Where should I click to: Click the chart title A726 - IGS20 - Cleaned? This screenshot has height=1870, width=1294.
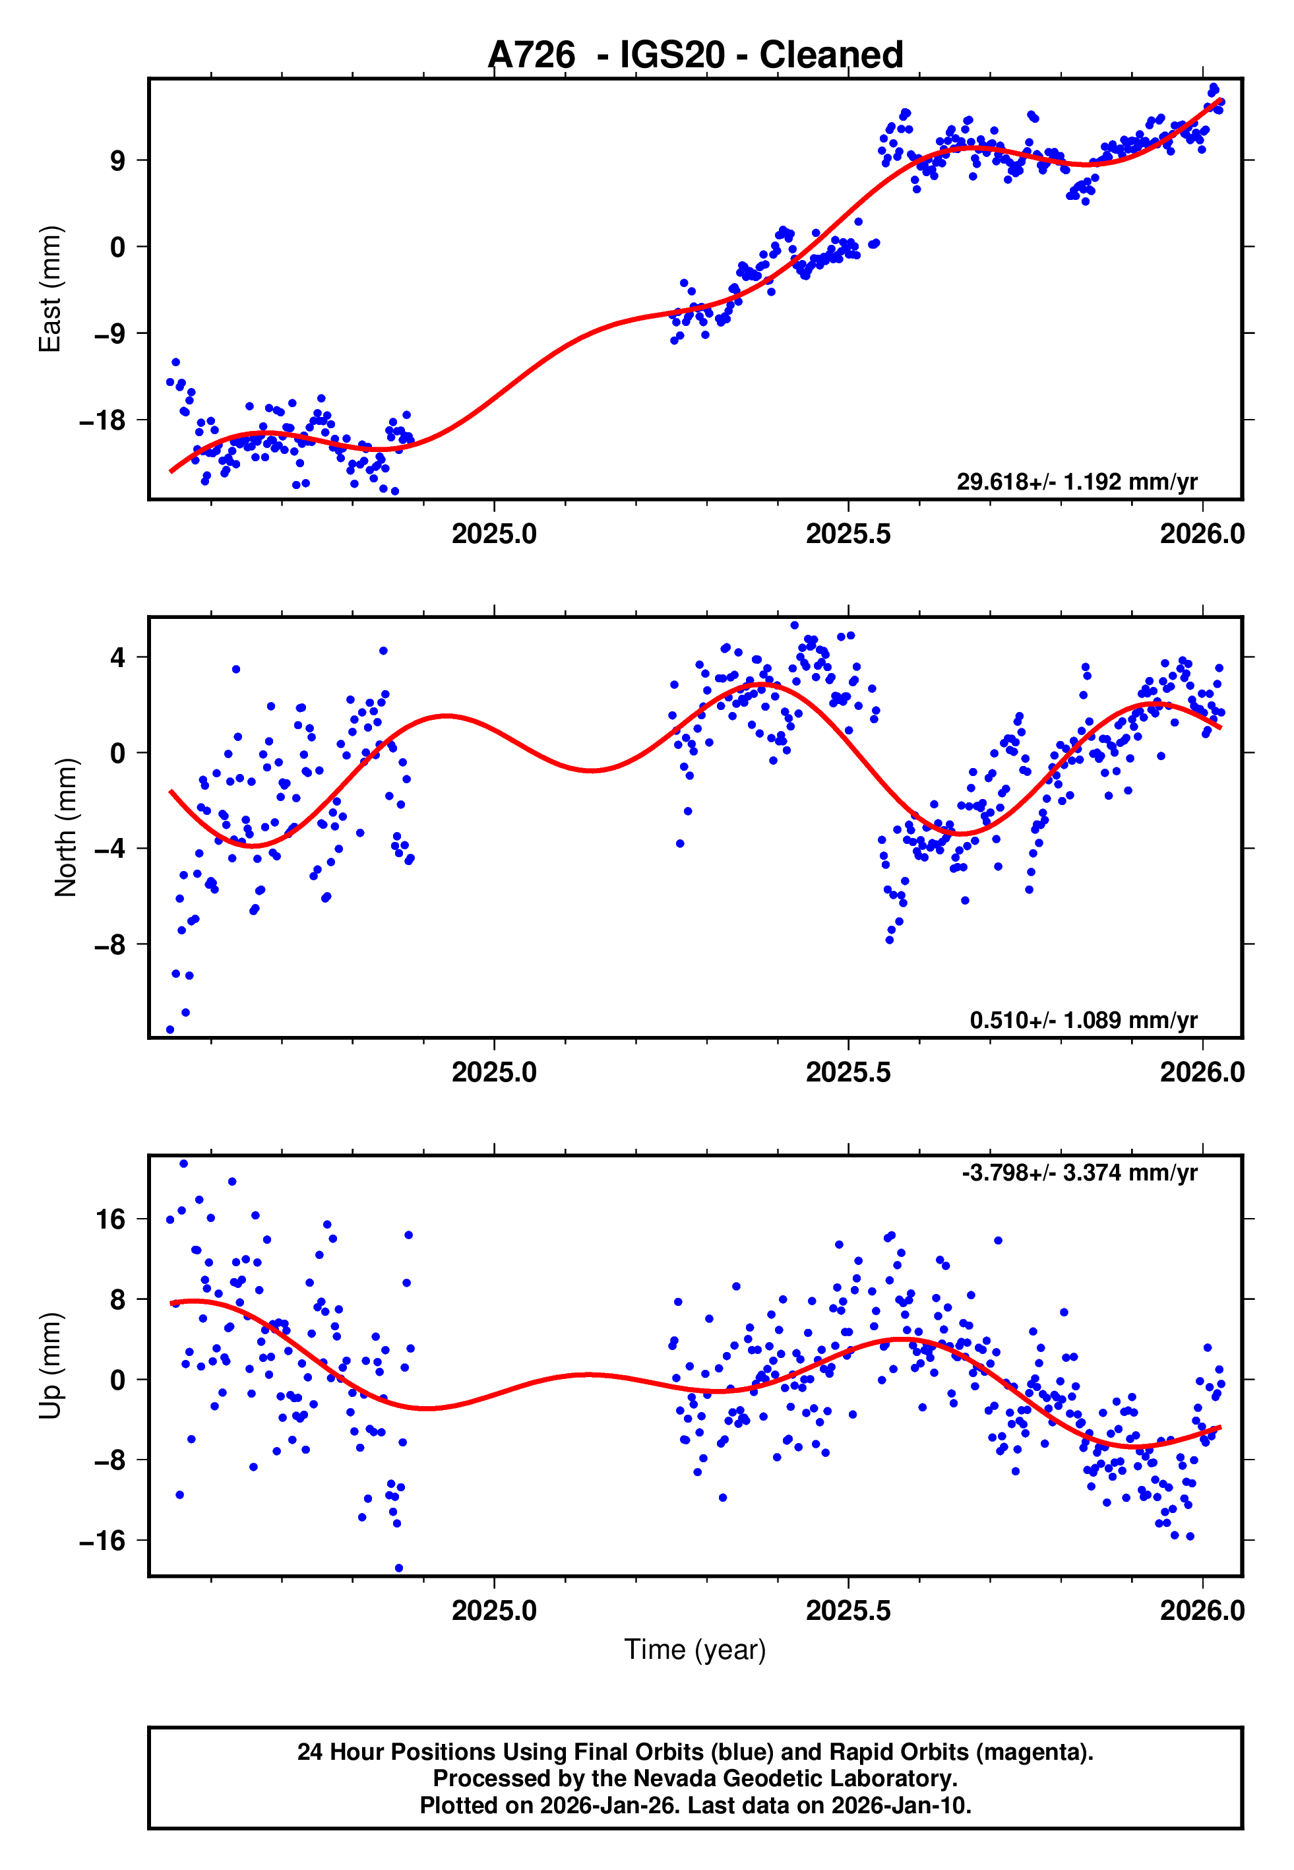(695, 55)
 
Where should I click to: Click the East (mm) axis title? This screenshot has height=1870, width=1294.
(50, 289)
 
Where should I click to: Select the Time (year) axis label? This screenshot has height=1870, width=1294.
(695, 1650)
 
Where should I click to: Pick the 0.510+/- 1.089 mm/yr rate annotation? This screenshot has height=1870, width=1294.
(1082, 1020)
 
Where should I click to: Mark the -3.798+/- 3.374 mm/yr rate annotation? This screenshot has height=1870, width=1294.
(1079, 1173)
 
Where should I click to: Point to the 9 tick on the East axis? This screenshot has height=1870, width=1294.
(117, 160)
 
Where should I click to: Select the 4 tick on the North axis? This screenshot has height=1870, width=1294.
(118, 657)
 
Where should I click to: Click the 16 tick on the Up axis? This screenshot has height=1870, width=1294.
(110, 1219)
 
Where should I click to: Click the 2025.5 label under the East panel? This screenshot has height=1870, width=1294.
(847, 534)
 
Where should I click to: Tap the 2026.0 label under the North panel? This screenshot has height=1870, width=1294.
(1202, 1072)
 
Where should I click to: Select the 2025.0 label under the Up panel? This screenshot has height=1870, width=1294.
(494, 1610)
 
